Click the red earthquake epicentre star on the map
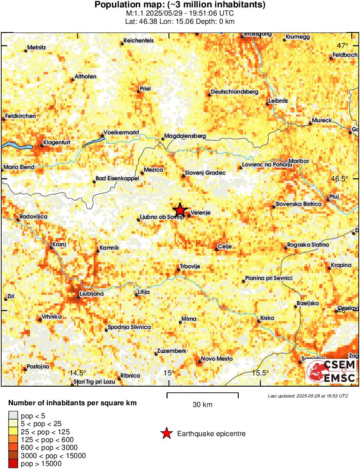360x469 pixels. [180, 210]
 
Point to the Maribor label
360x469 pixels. [298, 161]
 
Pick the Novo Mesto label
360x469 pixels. [217, 358]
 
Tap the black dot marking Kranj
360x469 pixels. [51, 248]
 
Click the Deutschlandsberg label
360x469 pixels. [234, 92]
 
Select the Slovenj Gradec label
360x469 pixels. [205, 173]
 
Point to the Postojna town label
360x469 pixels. [38, 366]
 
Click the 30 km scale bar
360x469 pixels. [202, 394]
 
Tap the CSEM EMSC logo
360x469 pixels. [331, 371]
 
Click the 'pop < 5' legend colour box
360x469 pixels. [13, 416]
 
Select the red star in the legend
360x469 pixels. [166, 433]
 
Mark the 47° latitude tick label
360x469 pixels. [343, 46]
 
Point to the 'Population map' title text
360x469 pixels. [180, 5]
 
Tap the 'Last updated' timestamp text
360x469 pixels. [308, 396]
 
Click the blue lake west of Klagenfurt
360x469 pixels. [16, 147]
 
